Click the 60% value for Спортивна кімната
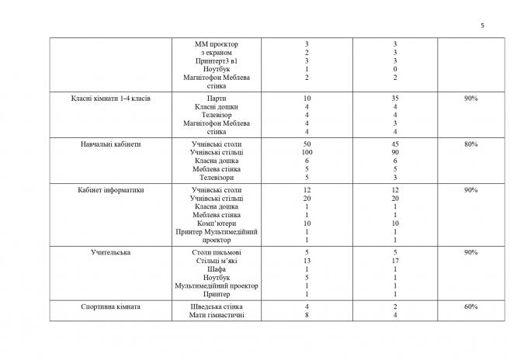pyautogui.click(x=470, y=306)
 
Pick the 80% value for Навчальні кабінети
pyautogui.click(x=470, y=144)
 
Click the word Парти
pyautogui.click(x=216, y=99)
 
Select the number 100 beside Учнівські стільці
pyautogui.click(x=286, y=153)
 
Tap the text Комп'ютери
pyautogui.click(x=216, y=223)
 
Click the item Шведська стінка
pyautogui.click(x=216, y=306)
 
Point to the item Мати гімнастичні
pyautogui.click(x=216, y=315)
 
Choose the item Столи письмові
pyautogui.click(x=216, y=252)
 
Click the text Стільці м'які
pyautogui.click(x=216, y=261)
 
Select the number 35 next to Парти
pyautogui.click(x=395, y=99)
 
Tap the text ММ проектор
pyautogui.click(x=216, y=44)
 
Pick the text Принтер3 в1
pyautogui.click(x=216, y=61)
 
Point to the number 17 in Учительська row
pyautogui.click(x=395, y=261)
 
